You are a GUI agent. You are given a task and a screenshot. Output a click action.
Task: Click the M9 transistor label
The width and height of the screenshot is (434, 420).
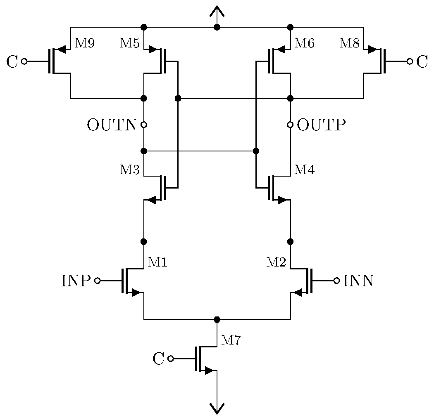pyautogui.click(x=85, y=43)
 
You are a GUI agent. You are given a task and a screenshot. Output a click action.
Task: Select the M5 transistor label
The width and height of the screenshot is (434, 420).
pyautogui.click(x=130, y=43)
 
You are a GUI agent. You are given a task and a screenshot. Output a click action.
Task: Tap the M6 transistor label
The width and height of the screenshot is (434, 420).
pyautogui.click(x=304, y=43)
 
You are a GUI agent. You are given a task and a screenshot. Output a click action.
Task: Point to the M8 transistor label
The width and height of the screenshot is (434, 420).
pyautogui.click(x=349, y=43)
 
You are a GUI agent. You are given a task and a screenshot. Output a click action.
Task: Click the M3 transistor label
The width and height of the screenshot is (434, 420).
pyautogui.click(x=130, y=170)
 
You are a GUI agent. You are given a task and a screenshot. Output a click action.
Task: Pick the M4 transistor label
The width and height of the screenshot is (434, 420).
pyautogui.click(x=304, y=170)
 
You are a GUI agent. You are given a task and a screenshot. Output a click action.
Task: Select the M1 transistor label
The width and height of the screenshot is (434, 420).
pyautogui.click(x=158, y=262)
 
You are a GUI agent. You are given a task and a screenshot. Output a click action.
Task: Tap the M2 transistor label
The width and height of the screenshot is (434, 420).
pyautogui.click(x=276, y=262)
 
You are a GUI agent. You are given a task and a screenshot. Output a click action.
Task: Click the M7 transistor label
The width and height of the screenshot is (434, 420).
pyautogui.click(x=231, y=340)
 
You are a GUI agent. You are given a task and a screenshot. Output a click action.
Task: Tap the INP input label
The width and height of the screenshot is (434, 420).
pyautogui.click(x=76, y=281)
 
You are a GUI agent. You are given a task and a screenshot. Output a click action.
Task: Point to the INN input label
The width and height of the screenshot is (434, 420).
pyautogui.click(x=358, y=281)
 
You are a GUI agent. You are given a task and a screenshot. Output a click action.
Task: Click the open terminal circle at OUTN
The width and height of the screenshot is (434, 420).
pyautogui.click(x=144, y=125)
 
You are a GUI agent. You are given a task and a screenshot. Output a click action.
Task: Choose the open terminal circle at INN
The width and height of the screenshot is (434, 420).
pyautogui.click(x=337, y=281)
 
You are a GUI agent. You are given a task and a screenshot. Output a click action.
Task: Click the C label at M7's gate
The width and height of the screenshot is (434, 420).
pyautogui.click(x=158, y=359)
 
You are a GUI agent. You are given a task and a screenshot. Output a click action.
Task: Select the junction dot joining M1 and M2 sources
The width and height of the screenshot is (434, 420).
pyautogui.click(x=217, y=319)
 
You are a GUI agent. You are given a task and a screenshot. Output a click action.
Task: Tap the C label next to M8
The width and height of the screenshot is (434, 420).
pyautogui.click(x=422, y=62)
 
